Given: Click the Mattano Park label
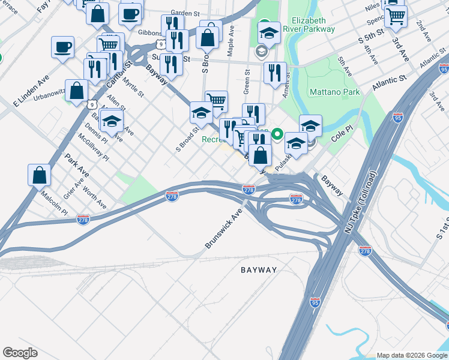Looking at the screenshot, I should tap(334, 92).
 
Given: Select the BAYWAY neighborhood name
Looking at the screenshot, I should tap(259, 270).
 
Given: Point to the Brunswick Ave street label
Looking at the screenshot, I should tap(223, 229).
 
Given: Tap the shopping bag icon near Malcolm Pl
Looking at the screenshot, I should tap(39, 175).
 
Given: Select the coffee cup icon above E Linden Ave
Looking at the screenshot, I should tap(62, 47).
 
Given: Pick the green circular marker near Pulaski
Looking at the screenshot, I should tap(277, 134).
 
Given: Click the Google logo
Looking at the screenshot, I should tap(20, 353).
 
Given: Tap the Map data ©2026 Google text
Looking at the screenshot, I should tap(412, 355).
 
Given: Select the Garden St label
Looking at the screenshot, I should tap(185, 13).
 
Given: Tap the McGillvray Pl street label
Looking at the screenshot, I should tap(93, 146).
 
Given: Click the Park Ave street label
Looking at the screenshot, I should tap(77, 165).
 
